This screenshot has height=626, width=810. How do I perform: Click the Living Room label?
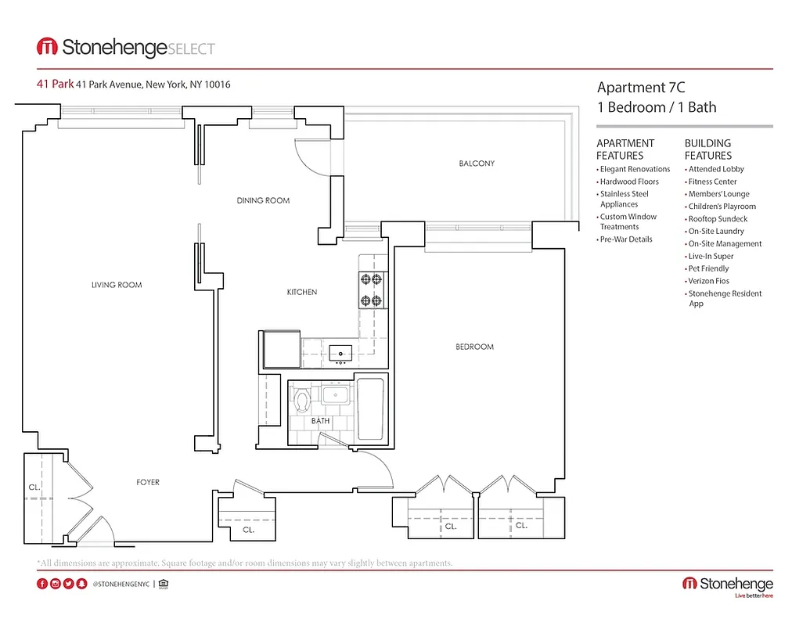[117, 285]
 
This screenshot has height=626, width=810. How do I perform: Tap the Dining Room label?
[263, 200]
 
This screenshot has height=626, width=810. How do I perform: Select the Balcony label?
[476, 164]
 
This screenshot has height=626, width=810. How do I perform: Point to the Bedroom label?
[474, 347]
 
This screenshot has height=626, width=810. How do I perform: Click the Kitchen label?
[301, 292]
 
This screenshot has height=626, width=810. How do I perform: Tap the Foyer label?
[148, 482]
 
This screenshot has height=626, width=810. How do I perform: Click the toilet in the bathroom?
[303, 401]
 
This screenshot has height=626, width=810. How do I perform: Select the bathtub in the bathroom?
[370, 410]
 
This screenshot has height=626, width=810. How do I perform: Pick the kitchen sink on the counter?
[341, 351]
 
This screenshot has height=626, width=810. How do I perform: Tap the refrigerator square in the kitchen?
[279, 349]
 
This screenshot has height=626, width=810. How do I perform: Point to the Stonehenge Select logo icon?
[47, 48]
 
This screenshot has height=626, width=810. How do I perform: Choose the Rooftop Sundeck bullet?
[718, 219]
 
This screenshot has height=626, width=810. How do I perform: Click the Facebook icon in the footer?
[42, 584]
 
